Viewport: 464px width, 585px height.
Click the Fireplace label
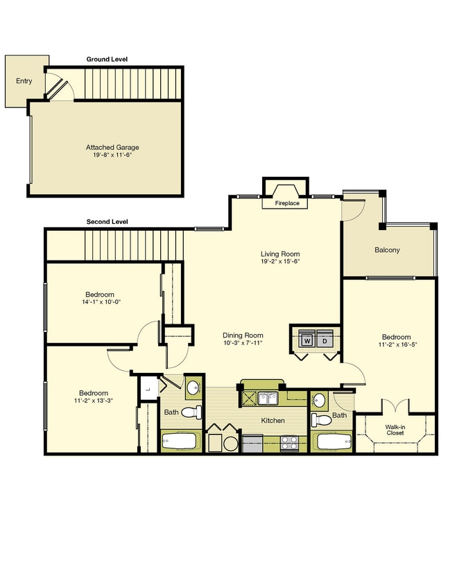click(287, 203)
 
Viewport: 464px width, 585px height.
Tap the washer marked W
click(307, 338)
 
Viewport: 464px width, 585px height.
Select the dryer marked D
click(325, 338)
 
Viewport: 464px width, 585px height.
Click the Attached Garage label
click(112, 148)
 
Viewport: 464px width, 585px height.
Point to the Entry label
click(24, 81)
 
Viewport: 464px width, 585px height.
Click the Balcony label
click(387, 250)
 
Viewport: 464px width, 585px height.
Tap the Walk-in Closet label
click(395, 430)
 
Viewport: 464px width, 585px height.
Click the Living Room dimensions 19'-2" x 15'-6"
click(280, 261)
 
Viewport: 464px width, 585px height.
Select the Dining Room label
click(243, 335)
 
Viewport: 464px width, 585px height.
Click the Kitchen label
click(273, 421)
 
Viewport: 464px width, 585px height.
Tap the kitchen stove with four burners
click(289, 443)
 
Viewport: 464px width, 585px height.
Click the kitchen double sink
click(268, 398)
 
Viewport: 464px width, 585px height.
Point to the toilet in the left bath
click(193, 412)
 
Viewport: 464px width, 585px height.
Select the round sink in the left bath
click(193, 387)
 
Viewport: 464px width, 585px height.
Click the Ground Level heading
click(107, 60)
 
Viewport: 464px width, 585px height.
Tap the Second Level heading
click(107, 222)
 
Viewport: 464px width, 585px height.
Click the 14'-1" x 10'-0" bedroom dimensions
click(101, 302)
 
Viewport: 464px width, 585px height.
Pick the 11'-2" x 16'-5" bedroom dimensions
click(397, 344)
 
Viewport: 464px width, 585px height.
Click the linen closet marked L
click(148, 389)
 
